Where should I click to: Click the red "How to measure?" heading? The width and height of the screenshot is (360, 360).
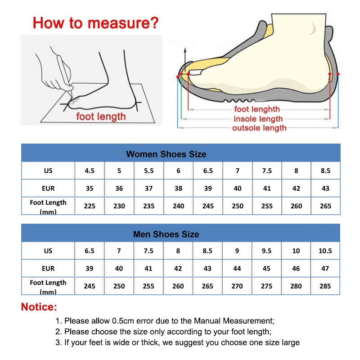(96, 22)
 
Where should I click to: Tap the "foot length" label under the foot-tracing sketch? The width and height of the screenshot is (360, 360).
(101, 117)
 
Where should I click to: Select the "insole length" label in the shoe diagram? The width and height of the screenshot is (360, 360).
(258, 119)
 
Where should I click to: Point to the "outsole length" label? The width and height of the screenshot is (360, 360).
(259, 128)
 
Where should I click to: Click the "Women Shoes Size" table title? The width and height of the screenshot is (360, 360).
(166, 154)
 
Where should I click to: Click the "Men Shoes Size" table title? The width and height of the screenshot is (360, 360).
(166, 234)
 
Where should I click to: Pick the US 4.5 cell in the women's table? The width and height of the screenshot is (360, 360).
(90, 171)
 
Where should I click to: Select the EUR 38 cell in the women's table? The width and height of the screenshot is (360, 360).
(178, 189)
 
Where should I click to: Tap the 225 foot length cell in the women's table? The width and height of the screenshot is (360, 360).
(90, 206)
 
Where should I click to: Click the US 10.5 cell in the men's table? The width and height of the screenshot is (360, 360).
(325, 251)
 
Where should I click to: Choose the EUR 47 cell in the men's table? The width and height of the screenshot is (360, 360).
(325, 268)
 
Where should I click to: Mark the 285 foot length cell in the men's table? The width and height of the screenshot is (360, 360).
(325, 286)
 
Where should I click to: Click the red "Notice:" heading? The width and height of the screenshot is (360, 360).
(39, 308)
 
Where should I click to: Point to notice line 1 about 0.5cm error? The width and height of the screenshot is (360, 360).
(165, 321)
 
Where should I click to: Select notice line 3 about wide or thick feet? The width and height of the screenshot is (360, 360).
(177, 343)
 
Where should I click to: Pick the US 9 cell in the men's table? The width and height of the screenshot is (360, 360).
(237, 251)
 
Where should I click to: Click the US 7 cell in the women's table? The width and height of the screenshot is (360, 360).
(237, 171)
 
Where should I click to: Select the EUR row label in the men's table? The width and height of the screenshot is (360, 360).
(48, 268)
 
